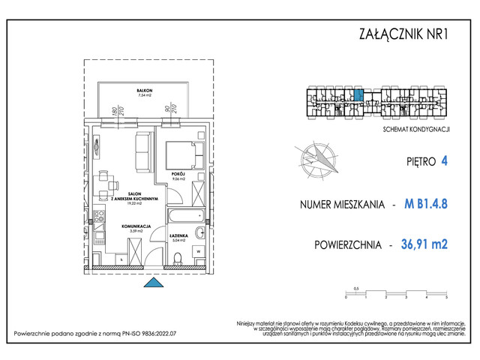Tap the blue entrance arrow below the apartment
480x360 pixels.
[153, 282]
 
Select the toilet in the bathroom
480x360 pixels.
[177, 260]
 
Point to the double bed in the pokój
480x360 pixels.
[184, 155]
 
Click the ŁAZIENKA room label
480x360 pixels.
[178, 236]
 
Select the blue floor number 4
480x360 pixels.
[445, 160]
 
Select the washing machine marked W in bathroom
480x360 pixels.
[200, 232]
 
